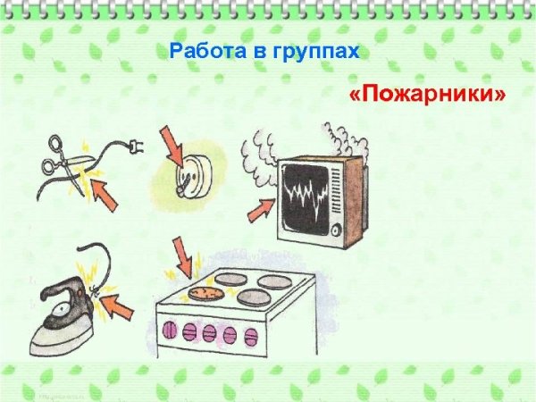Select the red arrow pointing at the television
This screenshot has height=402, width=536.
(262, 209)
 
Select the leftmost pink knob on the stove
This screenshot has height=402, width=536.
(169, 332)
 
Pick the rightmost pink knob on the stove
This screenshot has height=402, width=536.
(251, 337)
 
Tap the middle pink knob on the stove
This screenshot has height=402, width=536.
(210, 334)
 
